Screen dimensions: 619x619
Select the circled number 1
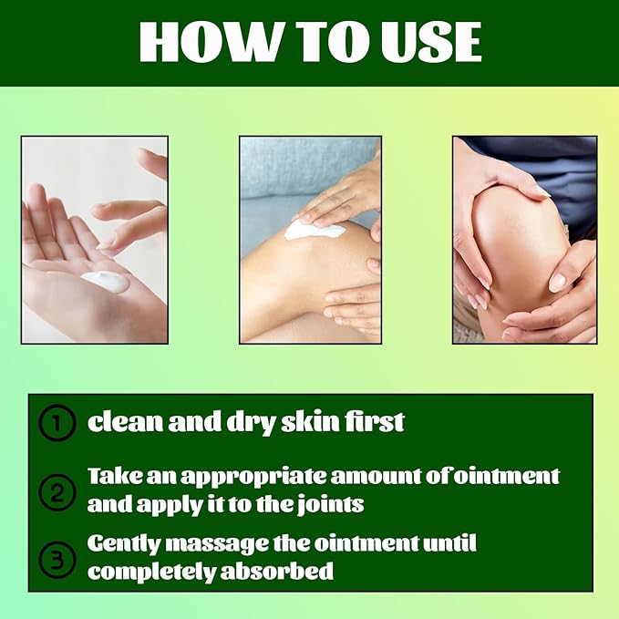tap(57, 424)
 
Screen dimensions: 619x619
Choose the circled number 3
tap(57, 558)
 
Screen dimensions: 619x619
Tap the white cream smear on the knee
tap(314, 231)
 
